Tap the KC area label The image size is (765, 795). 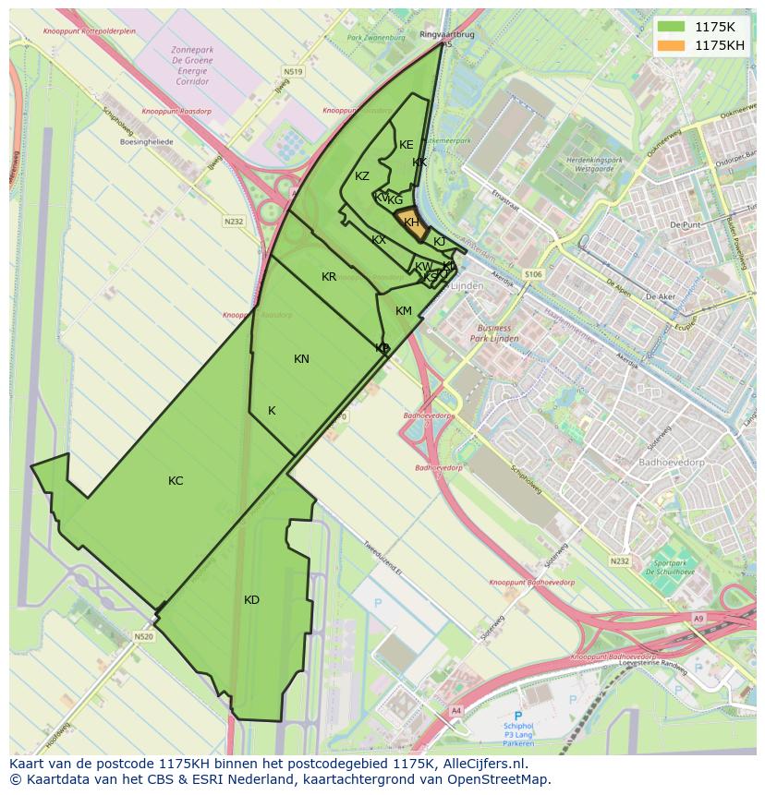click(176, 481)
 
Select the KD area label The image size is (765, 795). click(251, 600)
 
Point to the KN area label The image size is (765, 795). click(301, 359)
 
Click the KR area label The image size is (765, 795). click(329, 277)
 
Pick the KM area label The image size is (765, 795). click(404, 311)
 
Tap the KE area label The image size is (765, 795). click(407, 145)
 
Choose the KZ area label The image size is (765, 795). click(362, 176)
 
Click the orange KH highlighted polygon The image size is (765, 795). click(412, 223)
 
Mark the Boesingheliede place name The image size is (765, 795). click(147, 143)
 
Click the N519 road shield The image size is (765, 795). click(294, 71)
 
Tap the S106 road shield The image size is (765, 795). click(533, 274)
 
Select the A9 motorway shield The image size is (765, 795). click(698, 618)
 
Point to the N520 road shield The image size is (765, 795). click(142, 636)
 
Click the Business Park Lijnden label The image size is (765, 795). click(500, 333)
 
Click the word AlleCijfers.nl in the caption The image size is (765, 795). click(483, 765)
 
